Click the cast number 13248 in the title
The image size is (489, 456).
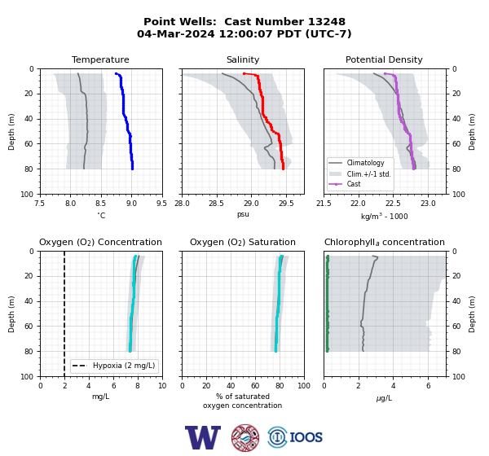click(327, 21)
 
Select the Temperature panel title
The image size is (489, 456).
click(100, 59)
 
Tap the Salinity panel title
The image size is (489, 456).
click(243, 59)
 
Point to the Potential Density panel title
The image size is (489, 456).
click(384, 59)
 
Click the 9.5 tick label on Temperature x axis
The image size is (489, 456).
click(161, 204)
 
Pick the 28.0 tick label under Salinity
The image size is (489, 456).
click(182, 204)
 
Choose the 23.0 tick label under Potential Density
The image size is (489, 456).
click(428, 204)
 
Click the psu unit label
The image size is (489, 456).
click(243, 214)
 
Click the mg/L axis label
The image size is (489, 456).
click(100, 397)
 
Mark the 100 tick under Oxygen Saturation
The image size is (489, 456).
click(304, 386)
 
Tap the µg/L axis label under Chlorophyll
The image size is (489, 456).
click(384, 398)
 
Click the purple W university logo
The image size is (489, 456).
click(203, 437)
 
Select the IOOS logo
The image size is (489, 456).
click(295, 437)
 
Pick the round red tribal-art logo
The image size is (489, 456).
click(245, 437)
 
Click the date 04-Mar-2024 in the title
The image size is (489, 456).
click(176, 33)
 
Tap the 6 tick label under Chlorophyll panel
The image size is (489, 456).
click(428, 386)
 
